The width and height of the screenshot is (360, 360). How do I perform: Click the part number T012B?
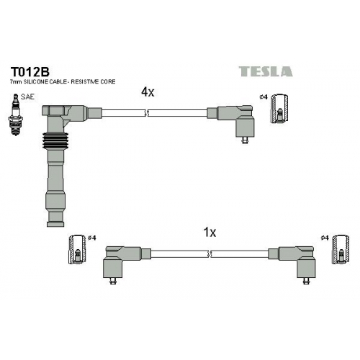click(x=30, y=71)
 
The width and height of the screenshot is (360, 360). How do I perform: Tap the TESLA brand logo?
click(x=266, y=71)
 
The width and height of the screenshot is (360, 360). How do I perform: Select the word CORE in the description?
click(x=107, y=82)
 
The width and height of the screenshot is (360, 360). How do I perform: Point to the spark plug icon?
click(x=15, y=114)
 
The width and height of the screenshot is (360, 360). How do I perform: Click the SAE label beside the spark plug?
click(x=27, y=97)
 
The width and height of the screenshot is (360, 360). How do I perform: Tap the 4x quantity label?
click(x=148, y=92)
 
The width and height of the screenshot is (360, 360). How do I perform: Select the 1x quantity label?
click(x=210, y=233)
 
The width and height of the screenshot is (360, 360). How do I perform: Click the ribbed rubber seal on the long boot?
click(x=55, y=141)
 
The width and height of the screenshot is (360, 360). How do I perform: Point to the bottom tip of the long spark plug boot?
click(x=55, y=227)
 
